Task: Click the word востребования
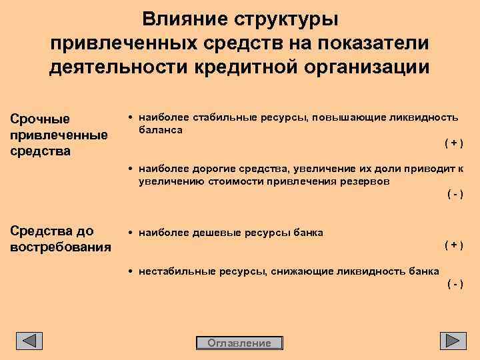click(61, 247)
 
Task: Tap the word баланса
click(161, 129)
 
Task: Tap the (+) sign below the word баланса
click(454, 143)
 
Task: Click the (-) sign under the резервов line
click(454, 194)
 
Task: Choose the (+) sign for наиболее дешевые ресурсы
click(454, 245)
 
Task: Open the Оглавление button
click(240, 343)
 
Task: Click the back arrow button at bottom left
click(29, 341)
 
